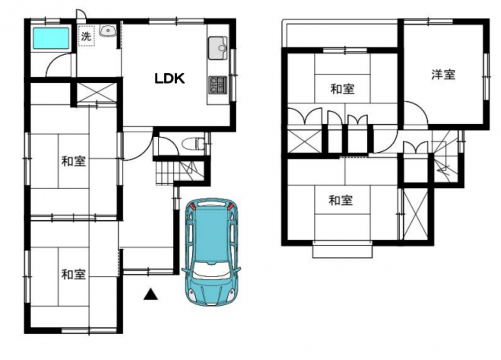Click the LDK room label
(x=170, y=78)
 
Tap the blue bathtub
(x=51, y=38)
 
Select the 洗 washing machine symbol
(x=87, y=36)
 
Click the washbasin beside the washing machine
(x=108, y=31)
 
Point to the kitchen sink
(x=218, y=48)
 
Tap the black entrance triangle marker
(x=151, y=294)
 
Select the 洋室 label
(x=443, y=75)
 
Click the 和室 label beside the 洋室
(x=342, y=89)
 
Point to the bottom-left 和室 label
(x=74, y=274)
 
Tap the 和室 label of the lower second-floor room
(x=341, y=200)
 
